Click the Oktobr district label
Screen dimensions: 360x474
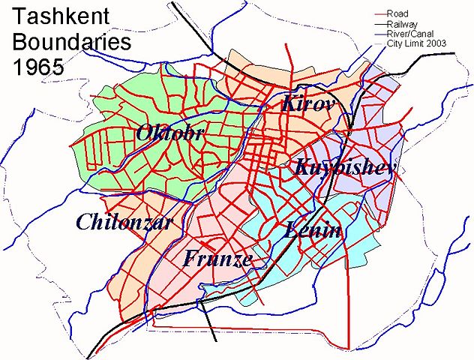pyautogui.click(x=170, y=133)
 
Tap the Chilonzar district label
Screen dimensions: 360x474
pyautogui.click(x=124, y=222)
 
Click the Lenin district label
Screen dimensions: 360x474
pyautogui.click(x=313, y=230)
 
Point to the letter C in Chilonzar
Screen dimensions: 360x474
pyautogui.click(x=83, y=222)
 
